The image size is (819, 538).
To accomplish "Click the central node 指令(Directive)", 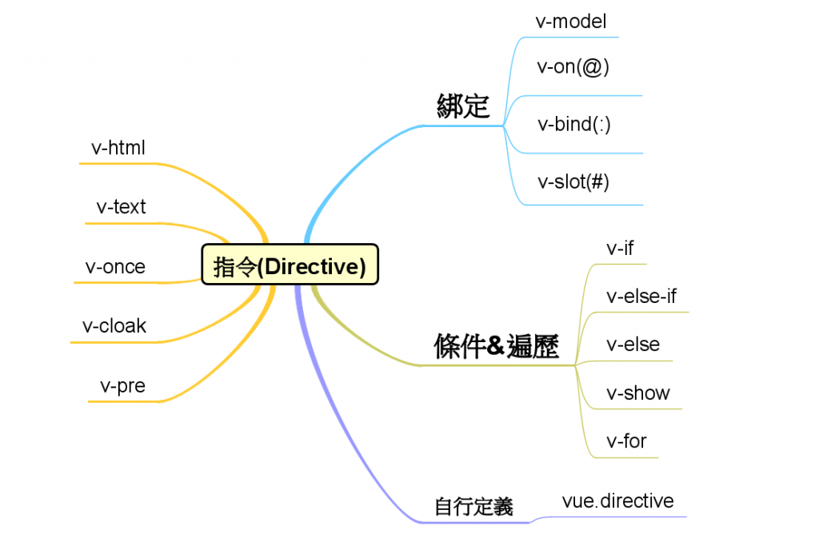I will tap(290, 265).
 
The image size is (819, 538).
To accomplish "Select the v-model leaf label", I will tap(571, 21).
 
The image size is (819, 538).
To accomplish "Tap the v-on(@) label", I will tap(573, 67).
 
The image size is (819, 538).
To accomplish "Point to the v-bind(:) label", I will tap(574, 124).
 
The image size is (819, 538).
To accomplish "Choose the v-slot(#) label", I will tap(573, 181).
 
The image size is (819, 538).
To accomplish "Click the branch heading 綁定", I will tap(463, 106).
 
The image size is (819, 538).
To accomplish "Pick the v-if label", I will tap(620, 248).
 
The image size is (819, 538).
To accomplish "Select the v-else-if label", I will tap(641, 297).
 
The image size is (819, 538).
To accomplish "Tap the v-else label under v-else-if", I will tap(633, 345).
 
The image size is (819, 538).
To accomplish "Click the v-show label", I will tap(637, 393).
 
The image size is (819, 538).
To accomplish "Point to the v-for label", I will tap(626, 440).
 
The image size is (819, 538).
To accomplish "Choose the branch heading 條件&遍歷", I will tap(496, 346).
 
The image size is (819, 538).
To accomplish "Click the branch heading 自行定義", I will tap(473, 506).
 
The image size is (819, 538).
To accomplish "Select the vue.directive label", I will tap(617, 501).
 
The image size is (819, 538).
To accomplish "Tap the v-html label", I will tap(118, 147).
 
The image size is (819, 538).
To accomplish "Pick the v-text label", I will tap(121, 207).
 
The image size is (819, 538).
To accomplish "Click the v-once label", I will tap(115, 266).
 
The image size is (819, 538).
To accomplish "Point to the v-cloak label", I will tap(114, 326).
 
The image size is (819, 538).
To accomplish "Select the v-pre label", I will tap(122, 385).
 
